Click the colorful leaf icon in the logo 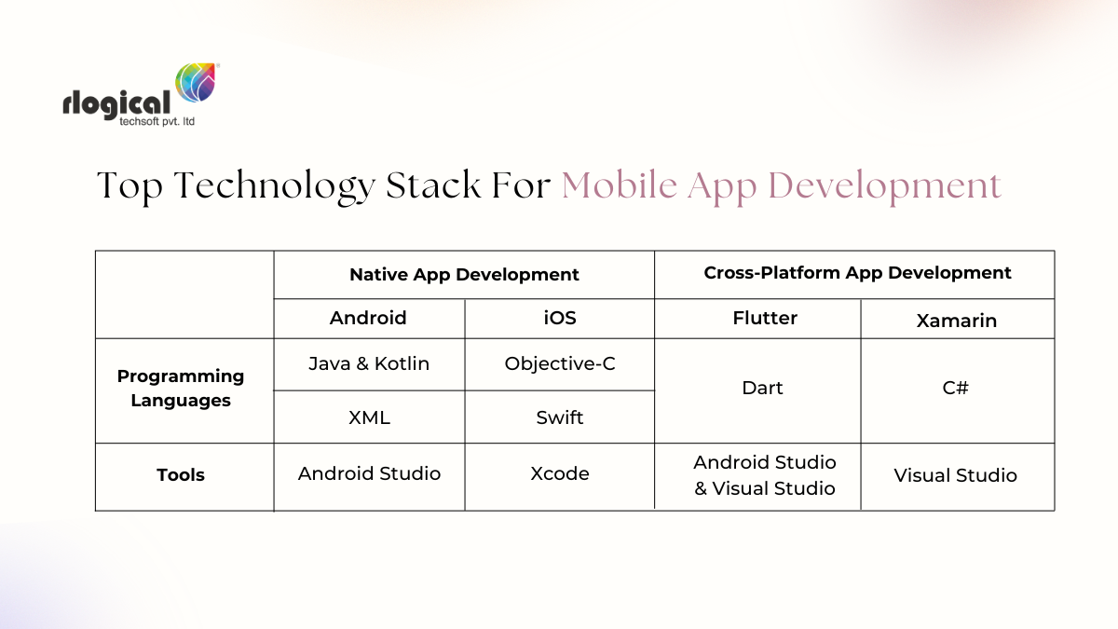196,85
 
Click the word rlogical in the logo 116,103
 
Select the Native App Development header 464,275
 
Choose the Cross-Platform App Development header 857,273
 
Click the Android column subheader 368,318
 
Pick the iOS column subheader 560,318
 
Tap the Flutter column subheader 765,318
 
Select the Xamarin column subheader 956,321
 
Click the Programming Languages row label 181,389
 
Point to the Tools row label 181,475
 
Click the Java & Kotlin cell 369,363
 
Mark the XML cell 369,417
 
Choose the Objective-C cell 560,363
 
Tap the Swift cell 560,417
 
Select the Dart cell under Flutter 762,388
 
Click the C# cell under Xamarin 956,388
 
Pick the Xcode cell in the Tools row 560,473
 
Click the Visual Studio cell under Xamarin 956,475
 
